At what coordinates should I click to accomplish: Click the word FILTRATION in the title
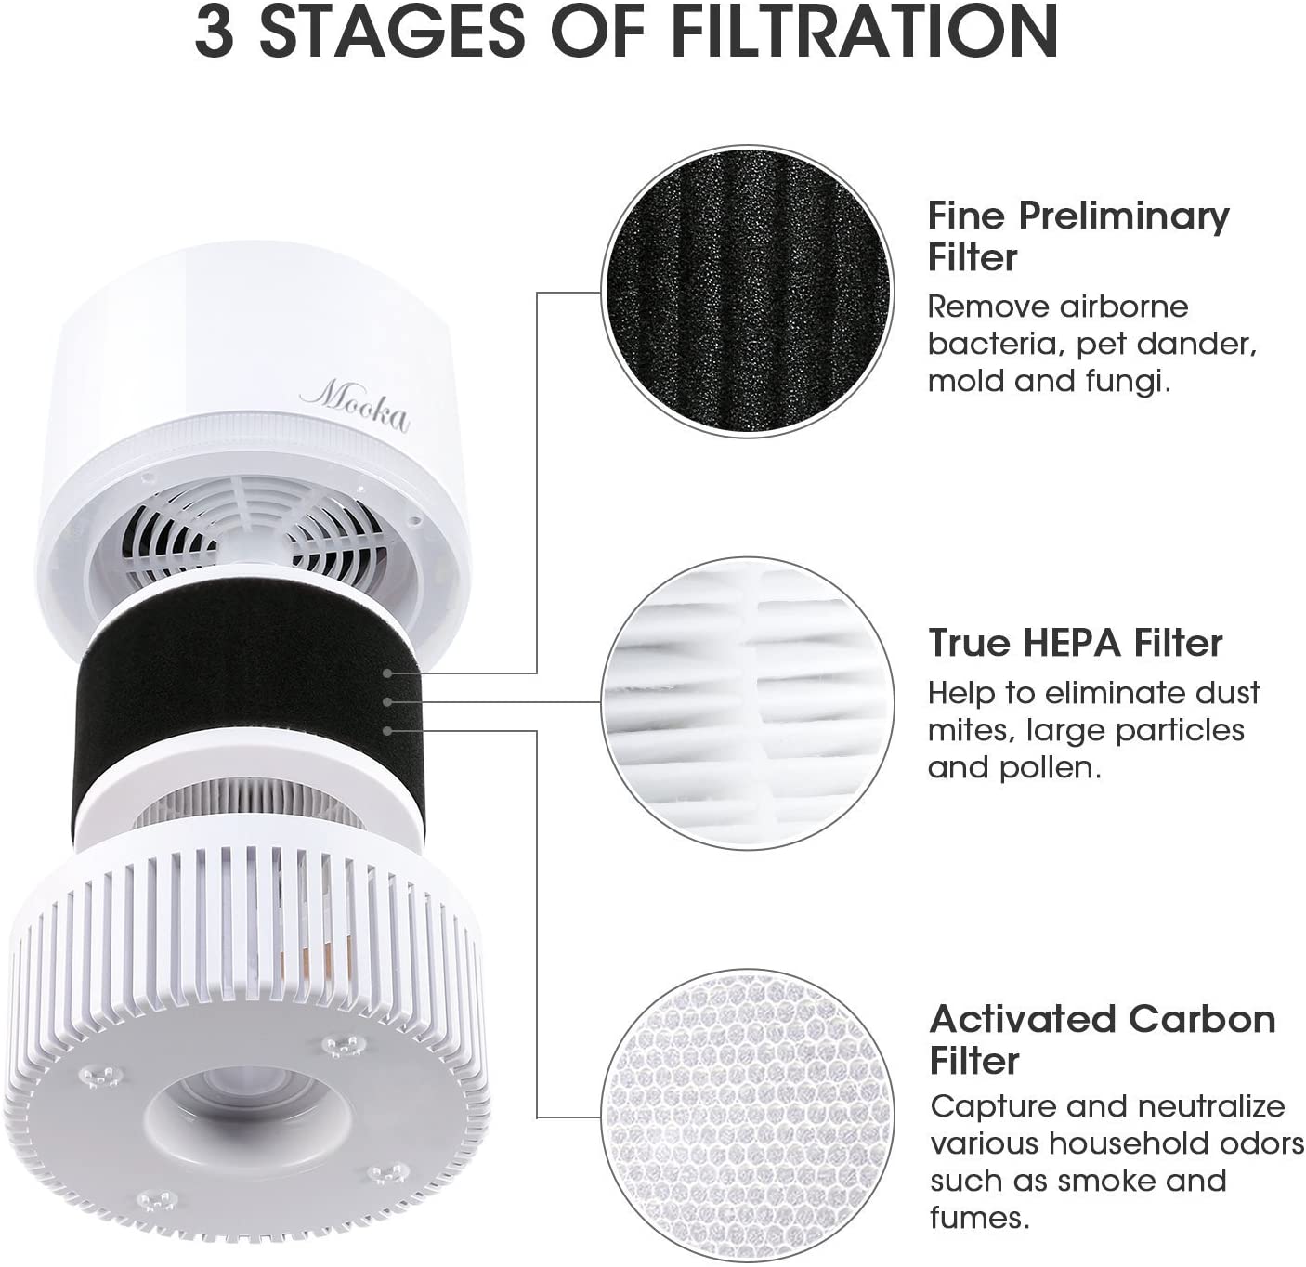(x=864, y=32)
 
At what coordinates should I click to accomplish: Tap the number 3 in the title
(x=215, y=32)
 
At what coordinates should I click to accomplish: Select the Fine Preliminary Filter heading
(x=1077, y=236)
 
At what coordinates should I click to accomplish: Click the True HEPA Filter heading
(x=1075, y=643)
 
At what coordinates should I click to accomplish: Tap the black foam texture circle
(x=747, y=291)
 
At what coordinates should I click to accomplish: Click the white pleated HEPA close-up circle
(x=748, y=703)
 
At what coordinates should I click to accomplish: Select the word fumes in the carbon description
(x=978, y=1218)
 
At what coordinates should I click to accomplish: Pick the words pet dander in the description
(x=1167, y=345)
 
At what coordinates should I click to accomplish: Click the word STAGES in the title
(x=390, y=32)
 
